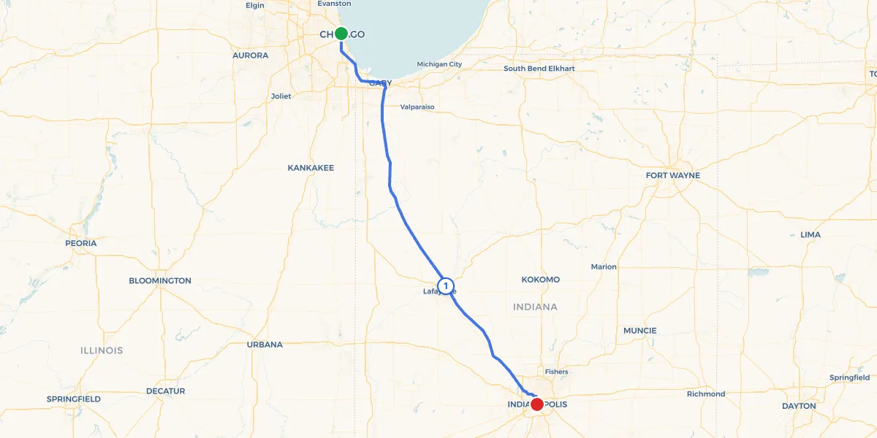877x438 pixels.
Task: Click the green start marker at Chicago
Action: [x=341, y=33]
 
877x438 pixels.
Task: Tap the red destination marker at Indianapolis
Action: [x=537, y=404]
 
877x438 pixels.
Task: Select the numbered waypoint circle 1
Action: [x=445, y=285]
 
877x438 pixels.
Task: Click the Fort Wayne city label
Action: [x=672, y=175]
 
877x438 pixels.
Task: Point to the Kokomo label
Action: [x=541, y=280]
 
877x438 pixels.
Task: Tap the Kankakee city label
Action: [x=311, y=168]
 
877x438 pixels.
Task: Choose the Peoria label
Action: [x=80, y=243]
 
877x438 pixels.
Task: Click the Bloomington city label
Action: [x=160, y=280]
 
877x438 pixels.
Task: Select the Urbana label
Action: [x=265, y=345]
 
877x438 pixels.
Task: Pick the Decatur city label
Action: [x=165, y=391]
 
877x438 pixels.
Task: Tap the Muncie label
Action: [x=639, y=331]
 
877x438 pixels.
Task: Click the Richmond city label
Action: [x=706, y=394]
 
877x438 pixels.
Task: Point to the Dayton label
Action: [x=798, y=406]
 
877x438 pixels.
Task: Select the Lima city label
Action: [x=810, y=235]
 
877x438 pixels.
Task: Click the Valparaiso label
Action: [x=417, y=107]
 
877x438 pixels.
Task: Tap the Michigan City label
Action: [x=439, y=64]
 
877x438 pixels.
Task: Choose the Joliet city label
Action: [x=281, y=96]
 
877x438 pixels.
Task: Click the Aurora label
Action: [x=250, y=55]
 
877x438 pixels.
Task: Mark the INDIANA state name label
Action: [x=535, y=307]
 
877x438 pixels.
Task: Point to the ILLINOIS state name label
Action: [x=101, y=350]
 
